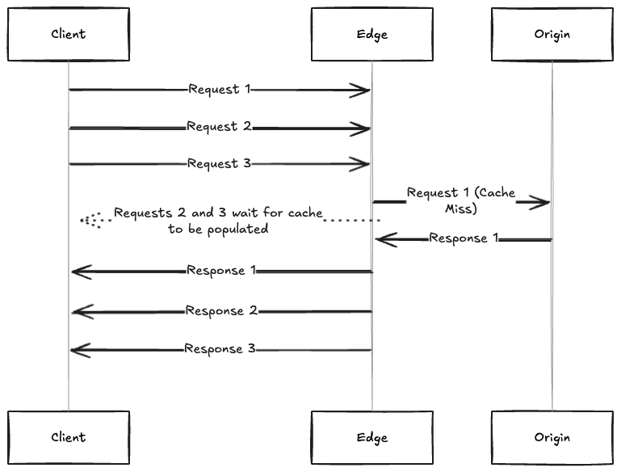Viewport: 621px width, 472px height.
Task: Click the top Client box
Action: (x=69, y=34)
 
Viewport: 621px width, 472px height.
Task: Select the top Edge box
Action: (x=372, y=34)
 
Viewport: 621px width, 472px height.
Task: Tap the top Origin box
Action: (x=552, y=34)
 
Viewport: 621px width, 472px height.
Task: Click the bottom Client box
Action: (x=69, y=437)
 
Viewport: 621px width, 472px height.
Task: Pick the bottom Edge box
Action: (x=372, y=437)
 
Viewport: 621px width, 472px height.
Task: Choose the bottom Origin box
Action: (x=552, y=437)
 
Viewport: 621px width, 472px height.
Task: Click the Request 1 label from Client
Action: (x=219, y=89)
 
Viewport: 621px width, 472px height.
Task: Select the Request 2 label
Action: (x=219, y=127)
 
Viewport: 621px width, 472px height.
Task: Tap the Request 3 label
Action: (x=219, y=163)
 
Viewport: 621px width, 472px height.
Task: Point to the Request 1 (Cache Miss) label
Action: (x=461, y=200)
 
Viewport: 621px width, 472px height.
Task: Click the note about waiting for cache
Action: (x=218, y=221)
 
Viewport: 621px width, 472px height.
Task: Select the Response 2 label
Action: (x=221, y=311)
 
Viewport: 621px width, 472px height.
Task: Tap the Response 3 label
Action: (x=220, y=349)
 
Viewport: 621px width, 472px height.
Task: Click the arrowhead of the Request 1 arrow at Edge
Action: (x=361, y=91)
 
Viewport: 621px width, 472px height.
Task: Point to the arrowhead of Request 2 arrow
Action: (x=361, y=128)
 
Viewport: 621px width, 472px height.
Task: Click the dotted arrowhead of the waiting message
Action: (x=88, y=220)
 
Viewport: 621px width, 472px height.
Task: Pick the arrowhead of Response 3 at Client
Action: (x=79, y=350)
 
